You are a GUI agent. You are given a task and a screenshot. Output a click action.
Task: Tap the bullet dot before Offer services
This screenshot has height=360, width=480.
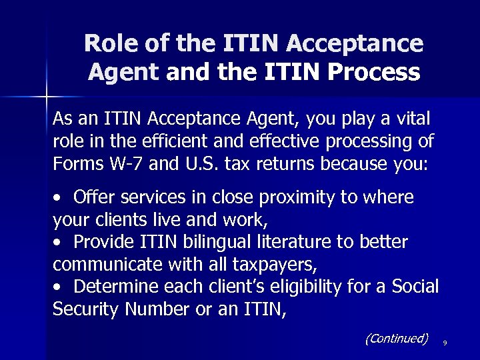[x=59, y=198]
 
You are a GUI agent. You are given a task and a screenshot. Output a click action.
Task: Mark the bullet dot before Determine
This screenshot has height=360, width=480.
[x=59, y=287]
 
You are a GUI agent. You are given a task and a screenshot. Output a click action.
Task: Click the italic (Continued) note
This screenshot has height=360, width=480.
[x=396, y=339]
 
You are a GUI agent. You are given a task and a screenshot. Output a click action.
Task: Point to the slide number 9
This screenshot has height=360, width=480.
[x=444, y=343]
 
